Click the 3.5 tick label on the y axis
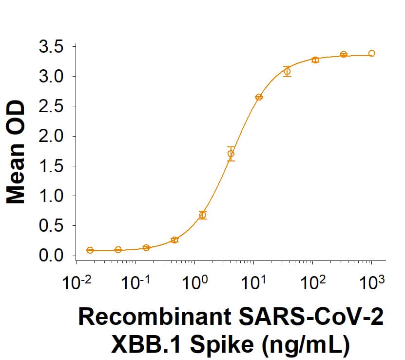[51, 47]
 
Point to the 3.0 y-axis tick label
[51, 77]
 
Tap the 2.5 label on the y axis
[51, 107]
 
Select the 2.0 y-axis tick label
[51, 137]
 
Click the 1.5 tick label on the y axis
[51, 166]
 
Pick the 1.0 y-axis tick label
[51, 196]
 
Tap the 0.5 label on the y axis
[51, 226]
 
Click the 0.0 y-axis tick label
[51, 256]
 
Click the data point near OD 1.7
[231, 154]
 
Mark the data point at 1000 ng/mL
[372, 53]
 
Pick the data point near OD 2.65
[259, 97]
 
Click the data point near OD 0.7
[203, 215]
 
